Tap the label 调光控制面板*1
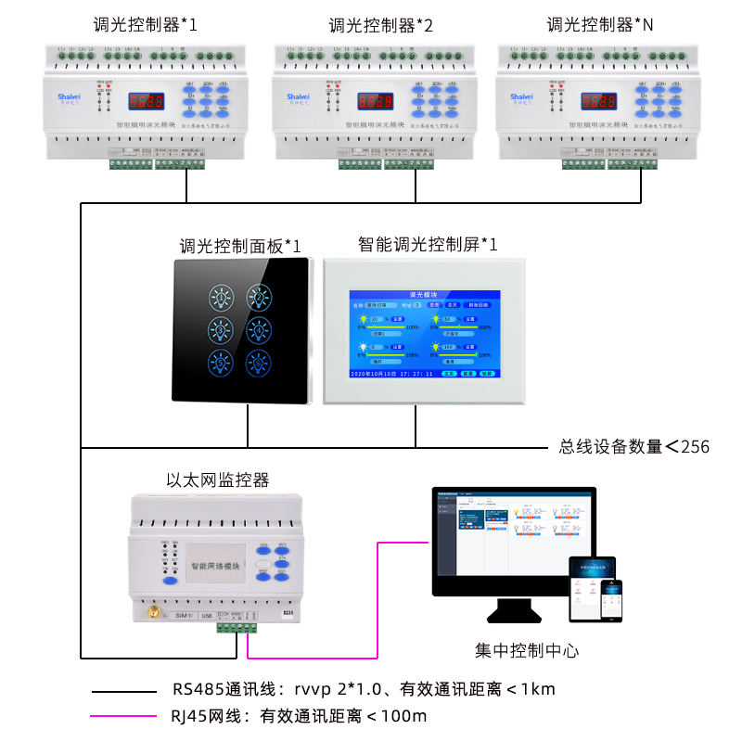239,246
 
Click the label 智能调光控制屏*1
428,244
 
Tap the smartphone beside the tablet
611,601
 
